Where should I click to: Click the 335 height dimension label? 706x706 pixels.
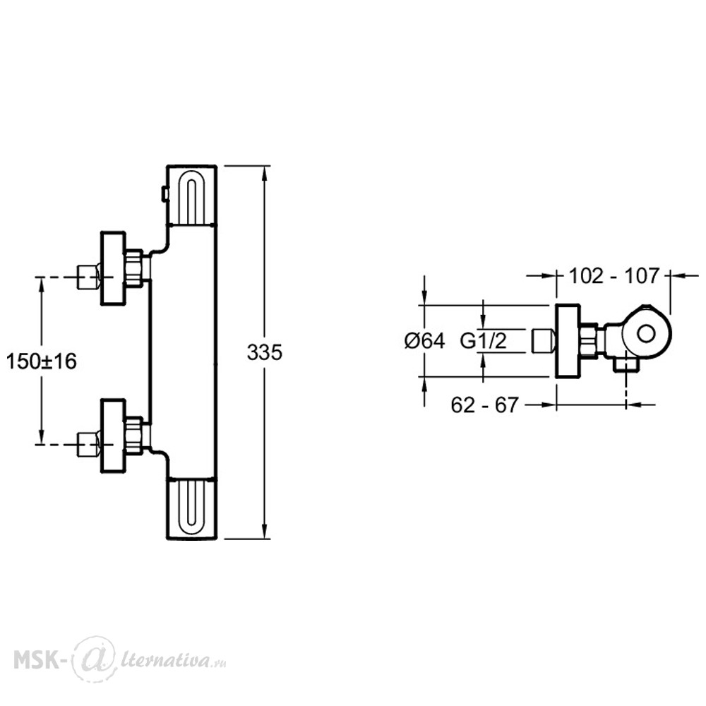point(264,352)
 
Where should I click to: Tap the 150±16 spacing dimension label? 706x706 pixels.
point(42,361)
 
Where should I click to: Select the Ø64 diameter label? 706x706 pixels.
point(424,341)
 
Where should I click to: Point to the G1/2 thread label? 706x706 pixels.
point(483,341)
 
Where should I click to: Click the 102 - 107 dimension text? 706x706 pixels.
point(614,276)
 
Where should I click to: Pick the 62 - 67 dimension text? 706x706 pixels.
point(485,405)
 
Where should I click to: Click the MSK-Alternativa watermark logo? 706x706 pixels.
point(120,662)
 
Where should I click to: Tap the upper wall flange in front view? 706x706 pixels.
point(112,269)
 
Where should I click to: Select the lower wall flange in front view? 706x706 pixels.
point(112,436)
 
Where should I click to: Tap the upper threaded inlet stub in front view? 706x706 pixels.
point(88,277)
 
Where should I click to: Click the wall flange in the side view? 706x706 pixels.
point(568,341)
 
